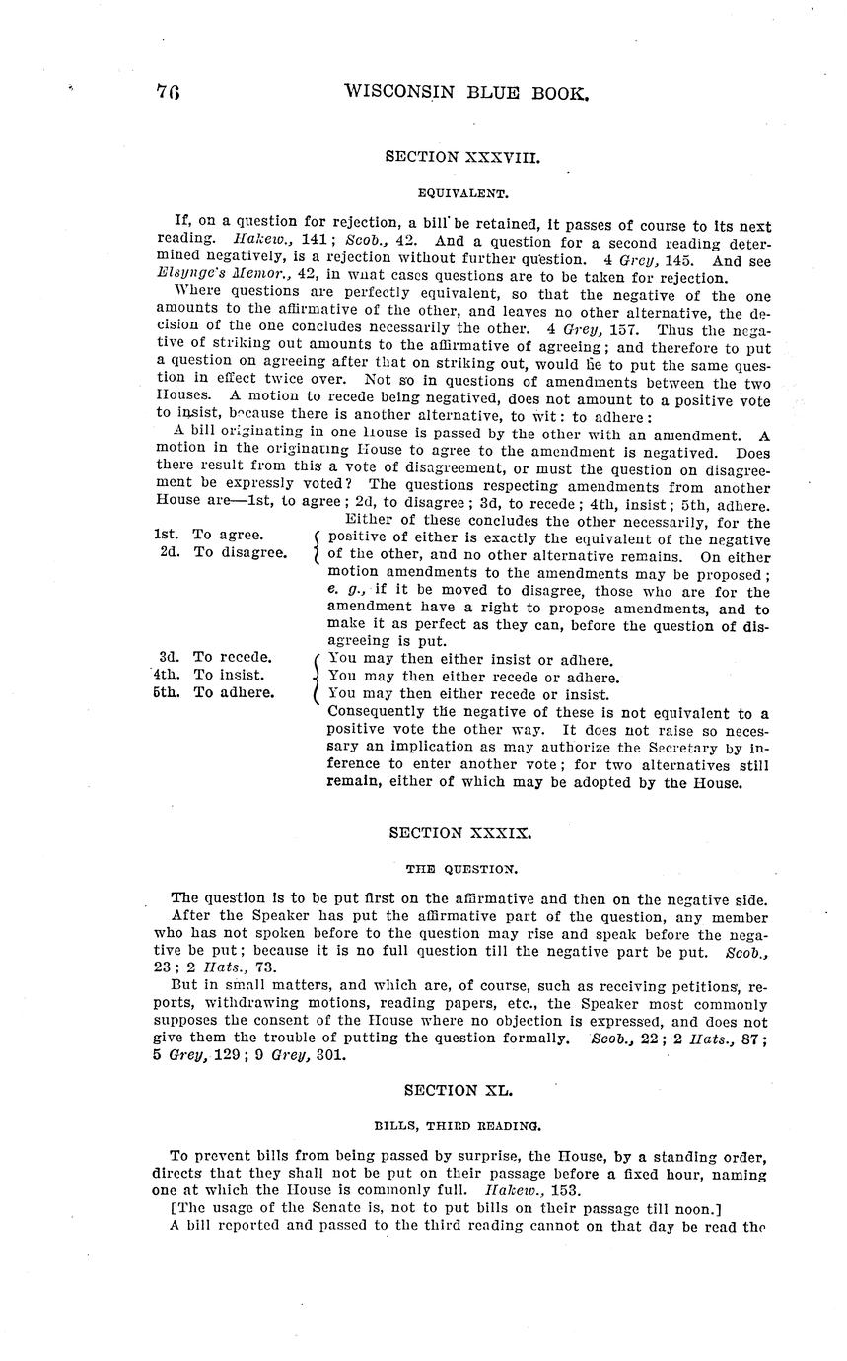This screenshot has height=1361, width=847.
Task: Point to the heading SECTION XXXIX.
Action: pos(460,832)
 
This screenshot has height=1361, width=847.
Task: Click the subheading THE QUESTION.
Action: pos(460,870)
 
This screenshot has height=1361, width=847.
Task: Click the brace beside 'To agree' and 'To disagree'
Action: pos(315,544)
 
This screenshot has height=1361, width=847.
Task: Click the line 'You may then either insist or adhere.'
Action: pos(470,659)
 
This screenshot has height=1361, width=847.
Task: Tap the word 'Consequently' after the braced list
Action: pos(376,712)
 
